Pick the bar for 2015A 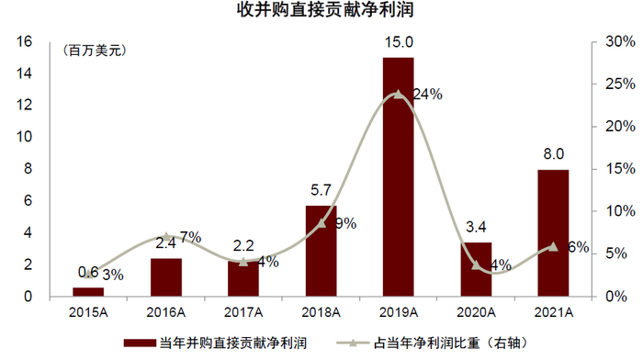[x=88, y=292]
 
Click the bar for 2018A [x=321, y=251]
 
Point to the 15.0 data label [x=399, y=42]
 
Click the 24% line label [x=428, y=94]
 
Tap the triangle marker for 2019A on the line [x=398, y=94]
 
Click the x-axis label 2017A [x=243, y=313]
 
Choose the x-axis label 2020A [x=475, y=313]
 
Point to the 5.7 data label [x=321, y=191]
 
